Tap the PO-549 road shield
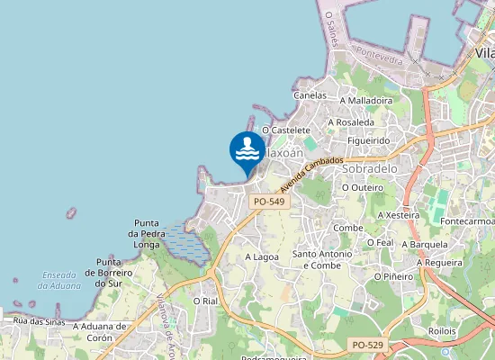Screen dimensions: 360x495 (268, 202)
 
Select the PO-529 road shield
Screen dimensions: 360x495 (367, 345)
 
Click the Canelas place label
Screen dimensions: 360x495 (310, 94)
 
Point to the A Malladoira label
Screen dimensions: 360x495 (365, 101)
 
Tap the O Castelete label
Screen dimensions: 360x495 (285, 130)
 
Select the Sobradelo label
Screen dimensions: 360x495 (370, 168)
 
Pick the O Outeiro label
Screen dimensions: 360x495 (362, 187)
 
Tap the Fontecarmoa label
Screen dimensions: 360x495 (469, 221)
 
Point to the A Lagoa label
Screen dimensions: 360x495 (263, 256)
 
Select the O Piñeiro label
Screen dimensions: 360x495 (392, 276)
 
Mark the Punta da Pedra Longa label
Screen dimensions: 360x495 (147, 233)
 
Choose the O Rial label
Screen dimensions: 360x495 (206, 301)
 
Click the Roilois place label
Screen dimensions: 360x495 (443, 331)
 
